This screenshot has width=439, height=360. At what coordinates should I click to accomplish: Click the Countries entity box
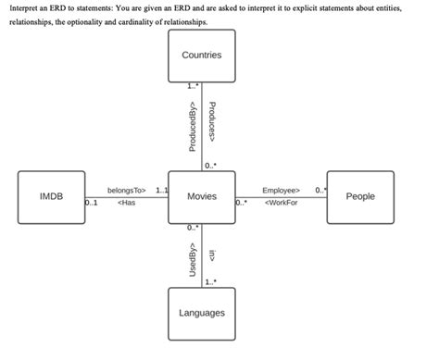(x=201, y=56)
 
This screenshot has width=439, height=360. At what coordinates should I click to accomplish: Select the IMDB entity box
(x=51, y=197)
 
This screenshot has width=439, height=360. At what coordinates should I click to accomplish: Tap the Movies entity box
(x=201, y=197)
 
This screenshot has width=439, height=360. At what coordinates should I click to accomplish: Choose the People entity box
(x=360, y=197)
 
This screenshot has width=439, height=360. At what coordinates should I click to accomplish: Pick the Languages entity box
(x=201, y=313)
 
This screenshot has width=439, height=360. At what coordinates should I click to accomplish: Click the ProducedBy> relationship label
(x=192, y=128)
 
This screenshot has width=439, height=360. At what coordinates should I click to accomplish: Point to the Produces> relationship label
(x=212, y=121)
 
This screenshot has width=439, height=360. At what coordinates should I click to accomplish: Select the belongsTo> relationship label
(x=127, y=191)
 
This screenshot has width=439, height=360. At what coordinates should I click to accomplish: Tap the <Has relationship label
(x=126, y=204)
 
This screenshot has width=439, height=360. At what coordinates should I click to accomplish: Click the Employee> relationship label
(x=281, y=191)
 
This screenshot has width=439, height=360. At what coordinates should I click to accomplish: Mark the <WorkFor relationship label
(x=281, y=204)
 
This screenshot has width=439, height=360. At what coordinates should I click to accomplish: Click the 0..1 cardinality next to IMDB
(x=91, y=204)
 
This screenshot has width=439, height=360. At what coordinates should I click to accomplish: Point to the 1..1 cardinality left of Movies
(x=162, y=190)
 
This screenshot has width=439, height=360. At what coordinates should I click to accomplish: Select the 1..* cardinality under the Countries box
(x=192, y=86)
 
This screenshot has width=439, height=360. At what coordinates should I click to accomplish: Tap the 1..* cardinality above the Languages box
(x=211, y=282)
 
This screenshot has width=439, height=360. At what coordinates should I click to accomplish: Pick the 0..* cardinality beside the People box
(x=320, y=190)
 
